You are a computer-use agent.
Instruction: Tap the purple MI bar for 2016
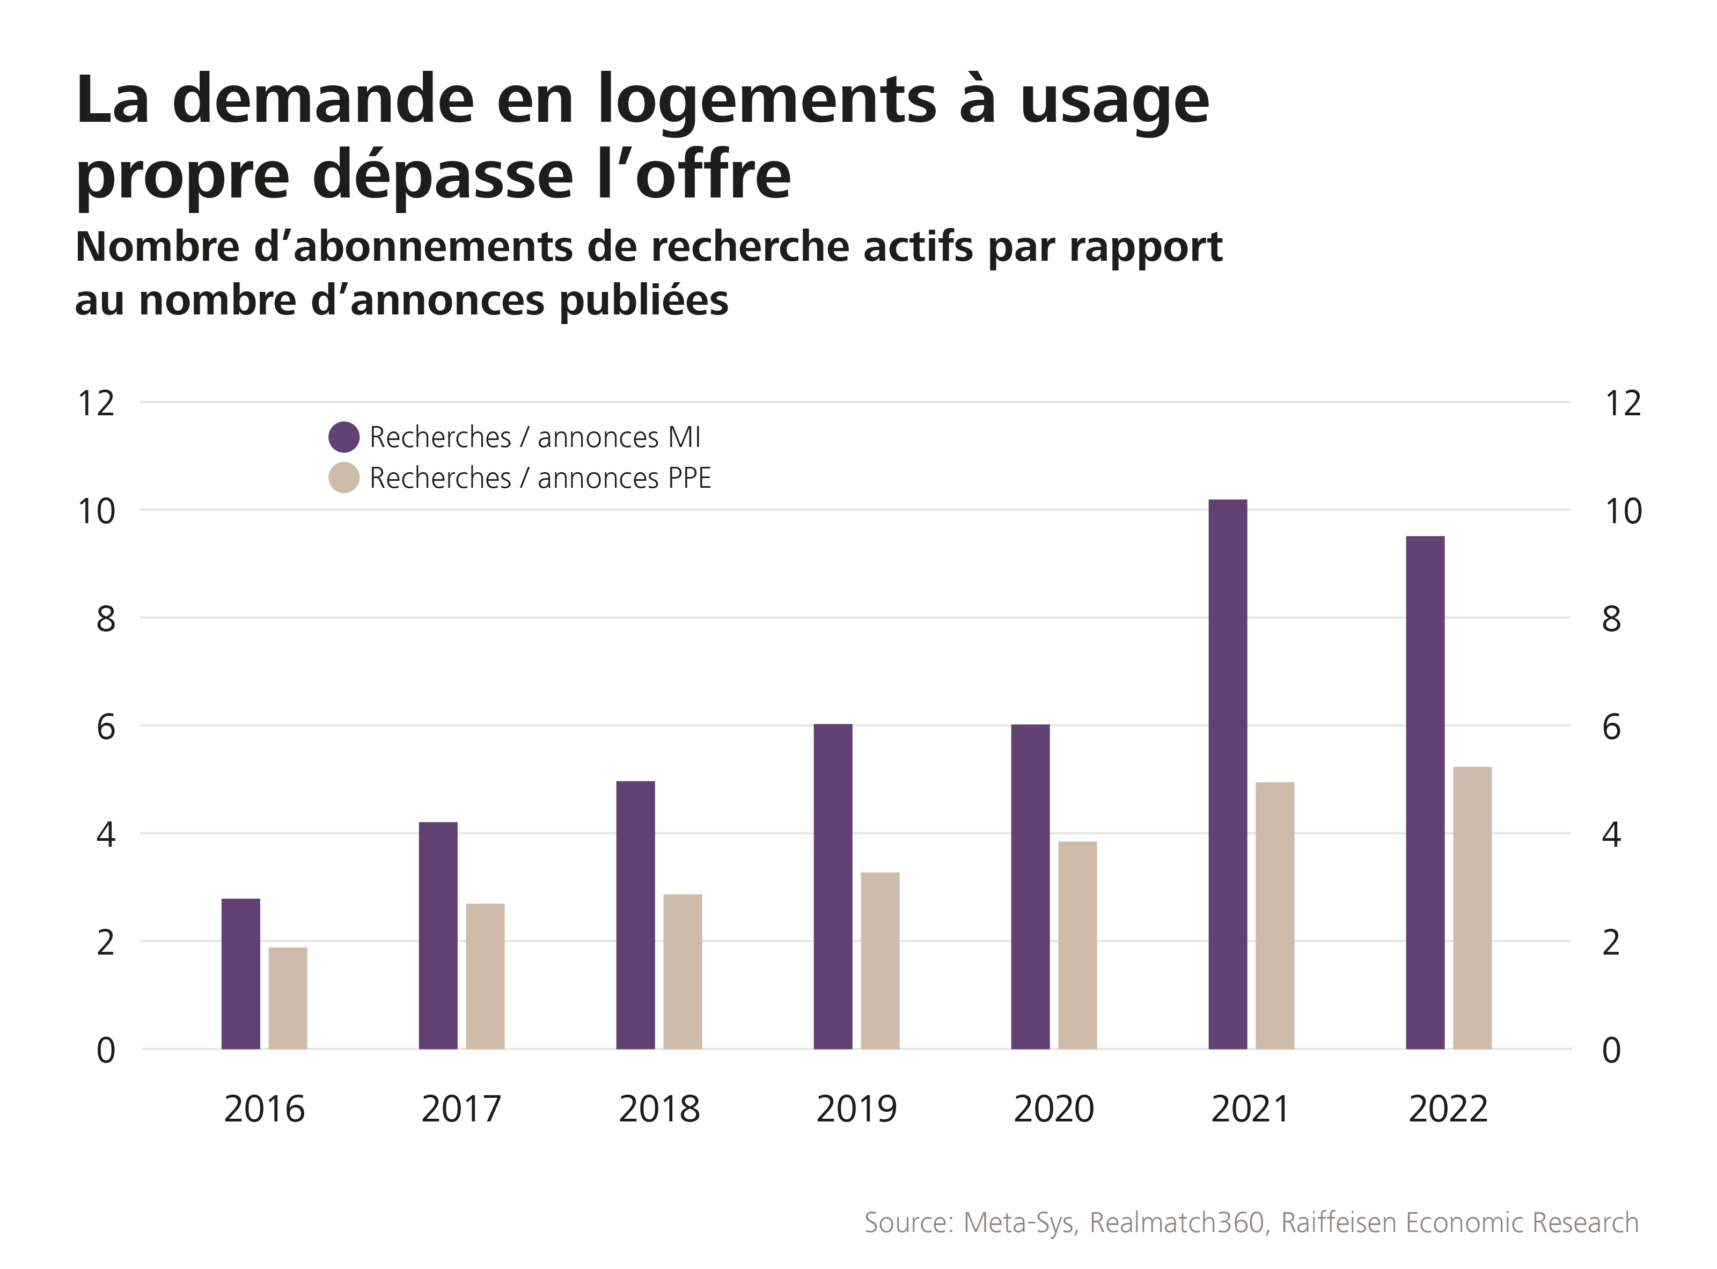(x=240, y=973)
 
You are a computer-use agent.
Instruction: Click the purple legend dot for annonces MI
(x=343, y=437)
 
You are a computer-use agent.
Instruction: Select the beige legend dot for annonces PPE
(x=343, y=478)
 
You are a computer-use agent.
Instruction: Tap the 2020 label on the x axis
(x=1053, y=1109)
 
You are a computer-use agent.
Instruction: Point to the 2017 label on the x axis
(x=461, y=1109)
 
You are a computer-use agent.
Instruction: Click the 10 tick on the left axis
(x=97, y=511)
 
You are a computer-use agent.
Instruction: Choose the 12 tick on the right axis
(x=1623, y=404)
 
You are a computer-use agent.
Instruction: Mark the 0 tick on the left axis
(x=106, y=1050)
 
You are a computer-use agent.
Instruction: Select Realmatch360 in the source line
(x=1177, y=1222)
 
